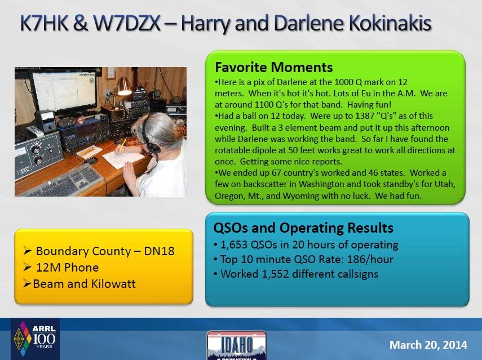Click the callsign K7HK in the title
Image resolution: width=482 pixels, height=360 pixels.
coord(44,23)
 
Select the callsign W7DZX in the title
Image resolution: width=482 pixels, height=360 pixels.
coord(127,23)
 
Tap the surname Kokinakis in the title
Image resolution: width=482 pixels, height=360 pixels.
coord(390,23)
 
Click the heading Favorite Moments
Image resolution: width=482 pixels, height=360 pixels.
coord(273,67)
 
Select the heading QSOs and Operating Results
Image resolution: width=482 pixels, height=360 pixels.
coord(303,228)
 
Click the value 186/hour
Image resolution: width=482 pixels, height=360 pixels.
coord(370,260)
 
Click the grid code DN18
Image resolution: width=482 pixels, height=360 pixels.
coord(159,251)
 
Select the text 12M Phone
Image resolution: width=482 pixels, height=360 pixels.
coord(67,268)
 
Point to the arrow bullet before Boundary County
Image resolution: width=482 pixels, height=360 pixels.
coord(28,251)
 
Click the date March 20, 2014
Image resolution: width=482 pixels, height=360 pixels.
coord(428,345)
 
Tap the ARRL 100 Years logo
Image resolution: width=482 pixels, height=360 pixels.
coord(35,339)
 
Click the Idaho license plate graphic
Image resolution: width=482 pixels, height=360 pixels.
coord(236,345)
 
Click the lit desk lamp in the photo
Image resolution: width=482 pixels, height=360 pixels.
coord(123,87)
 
